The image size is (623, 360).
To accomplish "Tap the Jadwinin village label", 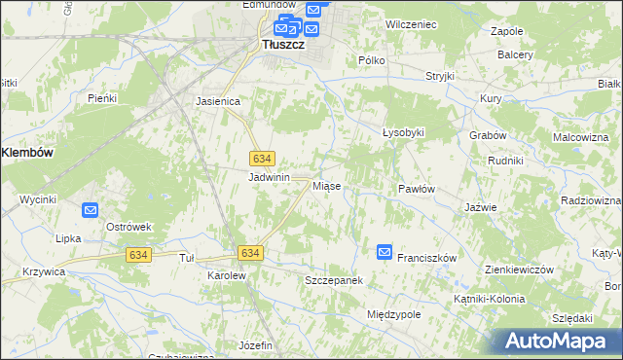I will click(x=270, y=178).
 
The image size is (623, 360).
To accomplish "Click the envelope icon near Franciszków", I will click(x=385, y=252).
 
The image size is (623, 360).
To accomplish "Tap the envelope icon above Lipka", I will click(x=91, y=209).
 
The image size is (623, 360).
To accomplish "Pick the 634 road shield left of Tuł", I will click(x=138, y=254).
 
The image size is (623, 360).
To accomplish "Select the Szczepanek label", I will click(x=334, y=280).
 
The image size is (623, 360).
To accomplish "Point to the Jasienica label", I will click(x=217, y=100).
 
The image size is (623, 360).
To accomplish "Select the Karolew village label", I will click(x=226, y=275).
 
